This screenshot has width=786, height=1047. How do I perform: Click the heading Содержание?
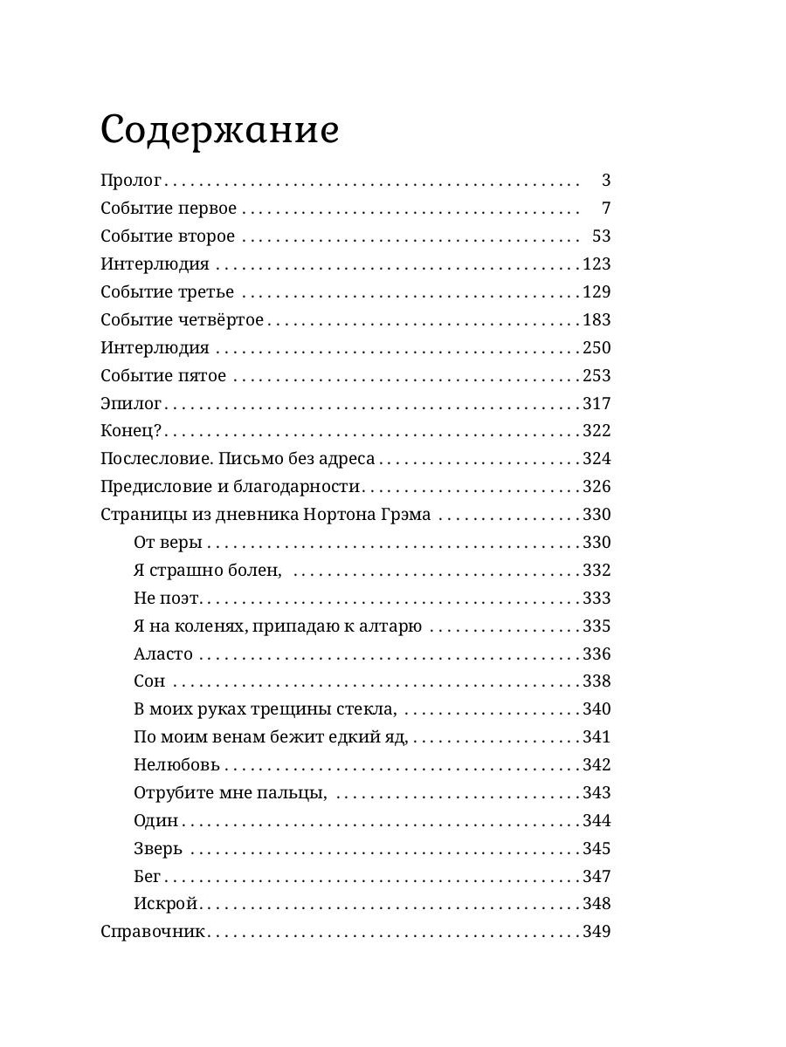pos(219,131)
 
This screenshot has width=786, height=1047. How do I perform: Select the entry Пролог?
pos(131,181)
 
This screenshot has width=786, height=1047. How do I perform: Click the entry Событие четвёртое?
pos(182,320)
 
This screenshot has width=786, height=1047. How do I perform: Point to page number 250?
pos(596,348)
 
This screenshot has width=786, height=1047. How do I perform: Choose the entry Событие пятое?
pos(163,376)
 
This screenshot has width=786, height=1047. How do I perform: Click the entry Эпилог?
pos(131,404)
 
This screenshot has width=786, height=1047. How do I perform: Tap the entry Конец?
pos(132,431)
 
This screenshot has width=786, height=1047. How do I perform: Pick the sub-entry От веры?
pos(168,543)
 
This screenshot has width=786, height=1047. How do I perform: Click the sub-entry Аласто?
pos(163,654)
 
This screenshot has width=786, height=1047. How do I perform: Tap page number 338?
pos(596,681)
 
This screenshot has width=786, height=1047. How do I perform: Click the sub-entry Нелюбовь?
pos(177,765)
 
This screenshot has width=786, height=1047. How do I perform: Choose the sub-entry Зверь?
pos(158,849)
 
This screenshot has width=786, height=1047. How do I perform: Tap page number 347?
pos(596,876)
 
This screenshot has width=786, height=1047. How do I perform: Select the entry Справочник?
pos(153,932)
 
